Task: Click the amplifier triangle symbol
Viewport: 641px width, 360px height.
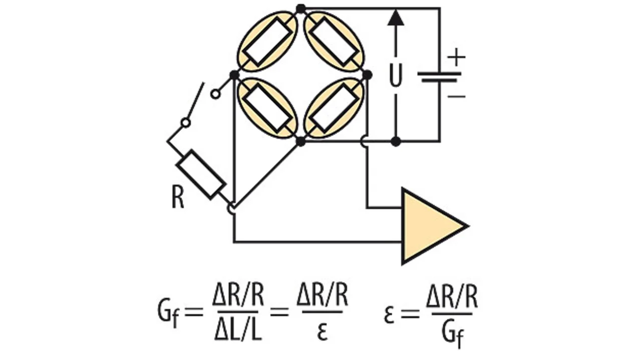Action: pyautogui.click(x=429, y=226)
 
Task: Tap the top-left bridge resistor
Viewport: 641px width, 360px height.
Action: pyautogui.click(x=267, y=41)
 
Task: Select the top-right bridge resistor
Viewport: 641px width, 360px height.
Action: pyautogui.click(x=334, y=41)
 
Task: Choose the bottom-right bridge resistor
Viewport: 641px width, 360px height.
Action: pyautogui.click(x=334, y=108)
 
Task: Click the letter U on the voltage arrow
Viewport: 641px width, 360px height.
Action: pyautogui.click(x=396, y=75)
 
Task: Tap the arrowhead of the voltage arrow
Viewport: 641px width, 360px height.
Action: pyautogui.click(x=396, y=17)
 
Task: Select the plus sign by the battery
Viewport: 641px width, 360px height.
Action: pyautogui.click(x=456, y=57)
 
